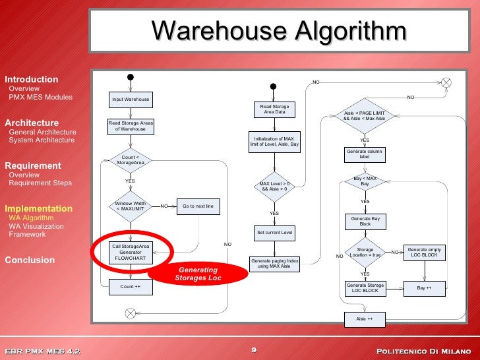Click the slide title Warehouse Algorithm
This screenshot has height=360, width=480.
tap(279, 30)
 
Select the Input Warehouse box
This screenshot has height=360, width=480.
tap(131, 100)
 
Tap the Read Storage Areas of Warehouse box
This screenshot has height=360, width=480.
tap(131, 125)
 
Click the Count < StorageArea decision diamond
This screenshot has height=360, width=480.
tap(131, 160)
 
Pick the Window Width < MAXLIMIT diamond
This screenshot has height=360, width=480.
tap(131, 206)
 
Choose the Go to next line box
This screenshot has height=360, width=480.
tap(198, 206)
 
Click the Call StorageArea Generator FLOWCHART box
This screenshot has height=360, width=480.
tap(131, 253)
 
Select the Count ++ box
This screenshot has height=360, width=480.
tap(131, 287)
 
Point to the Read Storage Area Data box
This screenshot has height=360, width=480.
tap(274, 109)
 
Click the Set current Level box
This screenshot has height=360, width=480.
tap(274, 233)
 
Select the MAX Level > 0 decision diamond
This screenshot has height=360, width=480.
tap(274, 186)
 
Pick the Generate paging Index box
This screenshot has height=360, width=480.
tap(274, 264)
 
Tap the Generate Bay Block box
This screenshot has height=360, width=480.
tap(365, 222)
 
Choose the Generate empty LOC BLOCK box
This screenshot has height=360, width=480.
tap(424, 253)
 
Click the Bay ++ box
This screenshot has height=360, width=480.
tap(424, 288)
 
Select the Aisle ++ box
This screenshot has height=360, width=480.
tap(365, 319)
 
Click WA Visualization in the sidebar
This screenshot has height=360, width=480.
tap(36, 226)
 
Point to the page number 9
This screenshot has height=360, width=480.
tap(254, 349)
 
